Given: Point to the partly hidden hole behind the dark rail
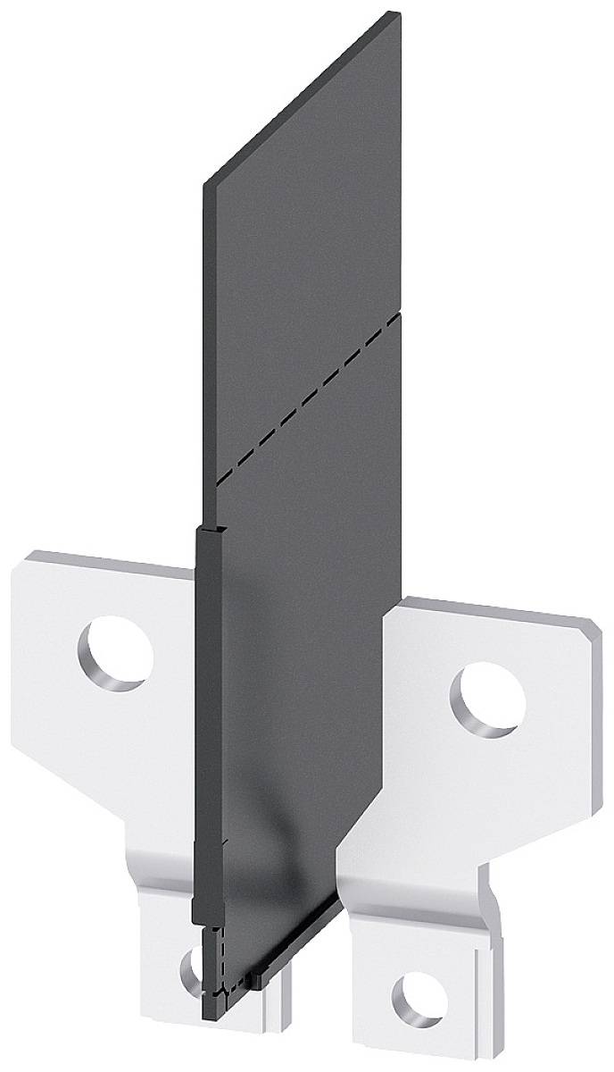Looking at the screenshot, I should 190,968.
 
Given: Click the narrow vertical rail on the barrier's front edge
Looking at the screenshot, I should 207,715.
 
